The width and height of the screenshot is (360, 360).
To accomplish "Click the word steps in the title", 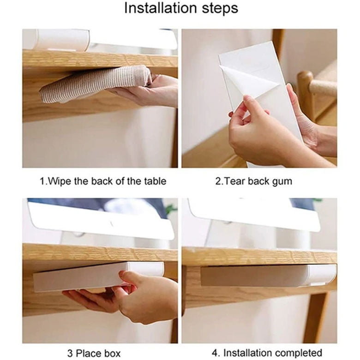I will pos(219,8).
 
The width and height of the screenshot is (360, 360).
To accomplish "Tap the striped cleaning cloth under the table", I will pos(92,84).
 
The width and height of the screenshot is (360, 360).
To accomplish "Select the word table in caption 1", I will pos(152,181).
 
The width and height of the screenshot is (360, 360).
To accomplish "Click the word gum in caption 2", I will pos(282,181).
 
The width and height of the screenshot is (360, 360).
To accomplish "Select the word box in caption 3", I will pos(112,354).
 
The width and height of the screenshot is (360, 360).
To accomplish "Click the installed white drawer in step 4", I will pos(268,276).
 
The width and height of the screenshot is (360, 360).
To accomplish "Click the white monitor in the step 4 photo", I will pos(254,213).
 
